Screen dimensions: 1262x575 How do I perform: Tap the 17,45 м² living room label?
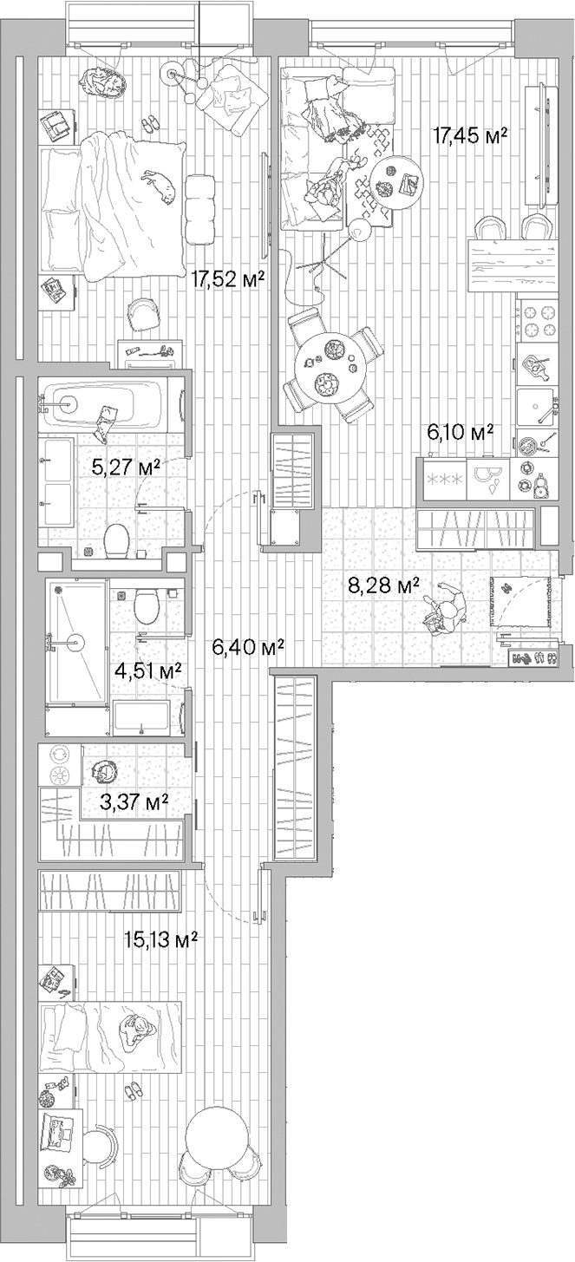coord(469,135)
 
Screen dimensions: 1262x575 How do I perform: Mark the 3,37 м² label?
coord(134,801)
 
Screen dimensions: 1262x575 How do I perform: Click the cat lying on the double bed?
coord(160,184)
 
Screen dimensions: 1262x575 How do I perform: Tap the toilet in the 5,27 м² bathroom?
coord(115,541)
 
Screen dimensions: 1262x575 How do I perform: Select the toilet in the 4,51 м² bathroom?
coord(146,605)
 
